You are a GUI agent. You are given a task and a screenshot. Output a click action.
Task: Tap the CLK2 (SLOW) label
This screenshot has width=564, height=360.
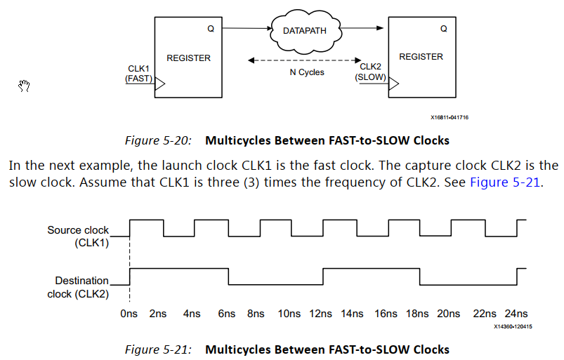click(370, 72)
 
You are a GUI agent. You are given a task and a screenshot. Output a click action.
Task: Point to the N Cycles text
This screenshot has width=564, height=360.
click(307, 72)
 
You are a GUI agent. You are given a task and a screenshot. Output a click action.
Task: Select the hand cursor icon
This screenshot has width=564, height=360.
click(25, 86)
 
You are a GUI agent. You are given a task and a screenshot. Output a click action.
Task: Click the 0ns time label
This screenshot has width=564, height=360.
click(129, 314)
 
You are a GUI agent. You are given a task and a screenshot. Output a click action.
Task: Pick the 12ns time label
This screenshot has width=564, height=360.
click(322, 314)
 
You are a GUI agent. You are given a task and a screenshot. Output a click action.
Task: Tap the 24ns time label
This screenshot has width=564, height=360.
click(516, 314)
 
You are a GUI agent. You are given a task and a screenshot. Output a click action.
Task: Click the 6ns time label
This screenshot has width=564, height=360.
click(226, 314)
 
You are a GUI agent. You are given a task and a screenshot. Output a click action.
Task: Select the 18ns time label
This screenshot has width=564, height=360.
click(419, 314)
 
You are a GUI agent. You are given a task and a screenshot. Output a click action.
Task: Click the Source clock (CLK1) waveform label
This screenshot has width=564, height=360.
click(78, 236)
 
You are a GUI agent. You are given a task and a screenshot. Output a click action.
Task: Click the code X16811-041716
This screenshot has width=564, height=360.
click(450, 118)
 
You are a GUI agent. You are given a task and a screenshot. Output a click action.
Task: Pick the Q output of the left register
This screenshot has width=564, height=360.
click(210, 29)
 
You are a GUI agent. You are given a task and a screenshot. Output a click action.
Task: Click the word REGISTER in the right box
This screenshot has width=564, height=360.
click(421, 57)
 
